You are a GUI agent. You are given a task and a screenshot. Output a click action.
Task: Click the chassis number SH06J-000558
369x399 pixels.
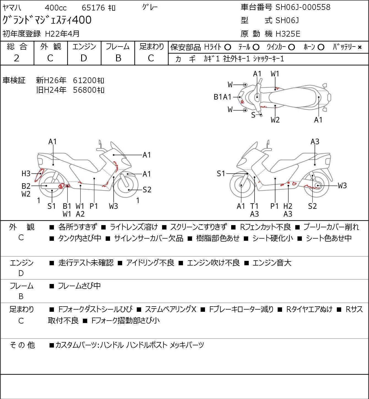pyautogui.click(x=303, y=7)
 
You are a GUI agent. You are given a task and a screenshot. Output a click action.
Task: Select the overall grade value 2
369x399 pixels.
pyautogui.click(x=17, y=58)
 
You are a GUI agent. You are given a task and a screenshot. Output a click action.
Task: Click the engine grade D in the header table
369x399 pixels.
pyautogui.click(x=84, y=58)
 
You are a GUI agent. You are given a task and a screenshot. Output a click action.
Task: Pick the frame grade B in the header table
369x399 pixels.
pyautogui.click(x=118, y=58)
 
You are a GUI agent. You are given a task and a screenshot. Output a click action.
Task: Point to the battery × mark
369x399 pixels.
pyautogui.click(x=360, y=47)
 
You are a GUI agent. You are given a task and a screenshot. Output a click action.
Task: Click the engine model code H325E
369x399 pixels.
pyautogui.click(x=288, y=34)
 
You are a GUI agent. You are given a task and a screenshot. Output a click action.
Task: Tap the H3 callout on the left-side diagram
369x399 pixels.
pyautogui.click(x=26, y=174)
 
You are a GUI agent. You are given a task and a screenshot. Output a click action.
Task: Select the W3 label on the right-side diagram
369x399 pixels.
pyautogui.click(x=342, y=185)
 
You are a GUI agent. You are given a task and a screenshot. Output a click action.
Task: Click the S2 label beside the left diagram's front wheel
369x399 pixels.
pyautogui.click(x=147, y=190)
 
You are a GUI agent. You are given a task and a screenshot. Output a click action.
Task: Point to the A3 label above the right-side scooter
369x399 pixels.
pyautogui.click(x=315, y=142)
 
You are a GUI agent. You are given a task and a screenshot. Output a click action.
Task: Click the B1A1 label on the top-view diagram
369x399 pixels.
pyautogui.click(x=222, y=97)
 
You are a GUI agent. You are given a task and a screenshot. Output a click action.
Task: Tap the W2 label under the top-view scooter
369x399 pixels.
pyautogui.click(x=275, y=120)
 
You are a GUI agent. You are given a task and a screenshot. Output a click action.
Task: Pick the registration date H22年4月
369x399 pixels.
pyautogui.click(x=62, y=34)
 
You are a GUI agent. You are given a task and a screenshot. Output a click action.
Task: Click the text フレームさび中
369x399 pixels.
pyautogui.click(x=79, y=286)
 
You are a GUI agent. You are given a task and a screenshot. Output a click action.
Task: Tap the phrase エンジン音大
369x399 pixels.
pyautogui.click(x=272, y=263)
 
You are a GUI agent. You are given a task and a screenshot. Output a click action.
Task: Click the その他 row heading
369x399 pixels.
pyautogui.click(x=22, y=345)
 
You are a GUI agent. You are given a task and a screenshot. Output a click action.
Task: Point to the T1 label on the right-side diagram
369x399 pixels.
pyautogui.click(x=254, y=206)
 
